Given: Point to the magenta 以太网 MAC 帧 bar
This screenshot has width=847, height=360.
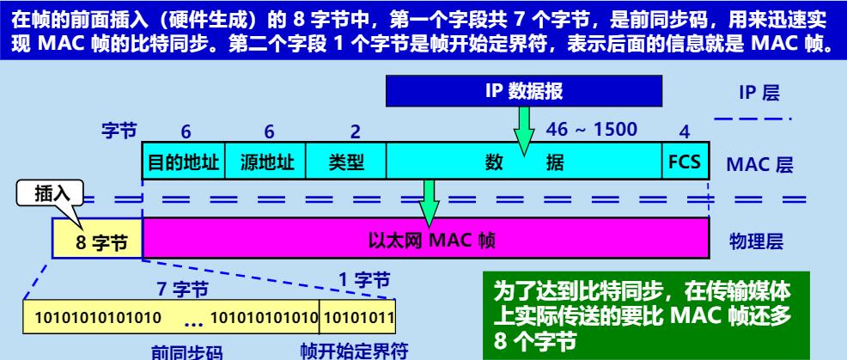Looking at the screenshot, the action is pos(426,238).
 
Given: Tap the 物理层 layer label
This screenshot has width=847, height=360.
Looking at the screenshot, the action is pos(756,238).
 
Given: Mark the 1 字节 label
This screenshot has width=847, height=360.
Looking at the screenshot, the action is pos(363,279).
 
